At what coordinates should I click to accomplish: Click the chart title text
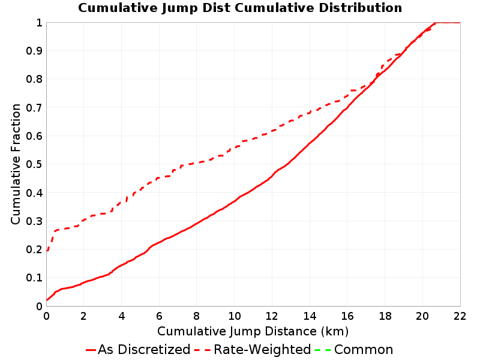click(240, 8)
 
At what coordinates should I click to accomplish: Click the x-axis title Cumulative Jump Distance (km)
click(253, 331)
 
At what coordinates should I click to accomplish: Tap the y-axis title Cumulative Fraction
click(16, 164)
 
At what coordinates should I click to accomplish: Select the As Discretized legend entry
click(138, 349)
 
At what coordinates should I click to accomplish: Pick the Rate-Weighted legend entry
click(253, 349)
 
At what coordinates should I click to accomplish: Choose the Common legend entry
click(354, 349)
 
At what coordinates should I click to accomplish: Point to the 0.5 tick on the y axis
click(34, 164)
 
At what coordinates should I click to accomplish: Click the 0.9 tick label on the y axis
click(34, 51)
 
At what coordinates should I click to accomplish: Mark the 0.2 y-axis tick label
click(34, 250)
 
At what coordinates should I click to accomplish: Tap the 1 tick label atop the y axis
click(39, 23)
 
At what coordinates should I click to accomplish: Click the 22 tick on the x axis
click(460, 316)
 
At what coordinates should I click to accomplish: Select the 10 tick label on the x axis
click(234, 316)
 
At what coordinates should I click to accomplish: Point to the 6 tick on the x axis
click(159, 316)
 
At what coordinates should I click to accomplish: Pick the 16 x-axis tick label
click(347, 316)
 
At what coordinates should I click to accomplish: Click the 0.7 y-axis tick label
click(34, 108)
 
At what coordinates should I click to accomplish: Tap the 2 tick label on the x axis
click(84, 316)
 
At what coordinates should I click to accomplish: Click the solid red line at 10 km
click(234, 202)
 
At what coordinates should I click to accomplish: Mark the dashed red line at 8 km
click(197, 163)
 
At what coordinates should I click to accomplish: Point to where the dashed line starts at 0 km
click(47, 251)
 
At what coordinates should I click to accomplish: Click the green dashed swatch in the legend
click(323, 350)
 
